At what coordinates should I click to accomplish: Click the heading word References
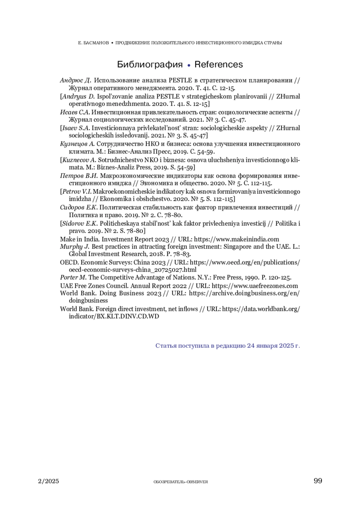pyautogui.click(x=218, y=64)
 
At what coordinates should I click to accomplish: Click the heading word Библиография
pyautogui.click(x=150, y=64)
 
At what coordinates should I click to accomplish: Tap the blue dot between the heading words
pyautogui.click(x=189, y=65)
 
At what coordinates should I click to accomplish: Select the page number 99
pyautogui.click(x=318, y=481)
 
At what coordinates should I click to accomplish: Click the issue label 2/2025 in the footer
pyautogui.click(x=49, y=481)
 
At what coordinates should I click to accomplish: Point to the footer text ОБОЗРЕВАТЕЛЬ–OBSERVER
pyautogui.click(x=181, y=482)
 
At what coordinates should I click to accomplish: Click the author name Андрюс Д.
pyautogui.click(x=75, y=80)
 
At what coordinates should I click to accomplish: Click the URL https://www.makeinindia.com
pyautogui.click(x=236, y=239)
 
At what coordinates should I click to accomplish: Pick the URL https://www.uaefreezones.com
pyautogui.click(x=255, y=286)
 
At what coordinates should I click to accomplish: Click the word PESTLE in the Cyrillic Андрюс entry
pyautogui.click(x=180, y=80)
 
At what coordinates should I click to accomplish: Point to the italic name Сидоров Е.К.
pyautogui.click(x=79, y=208)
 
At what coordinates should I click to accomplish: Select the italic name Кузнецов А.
pyautogui.click(x=77, y=144)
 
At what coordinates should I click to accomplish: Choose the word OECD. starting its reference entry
pyautogui.click(x=69, y=262)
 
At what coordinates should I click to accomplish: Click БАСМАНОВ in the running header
pyautogui.click(x=96, y=43)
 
